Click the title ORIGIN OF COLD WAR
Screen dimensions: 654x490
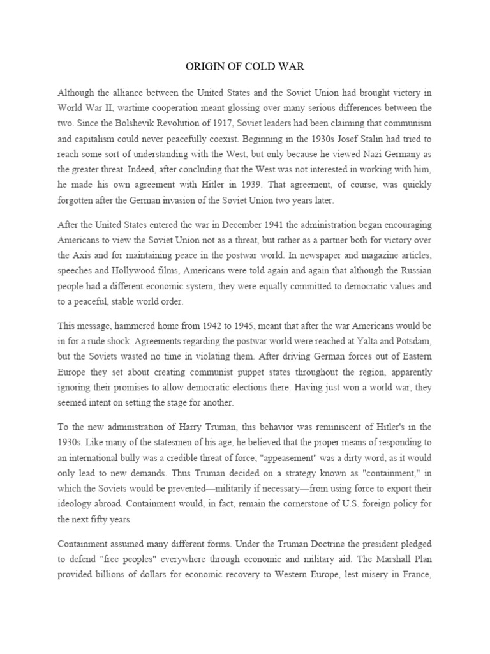click(245, 67)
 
